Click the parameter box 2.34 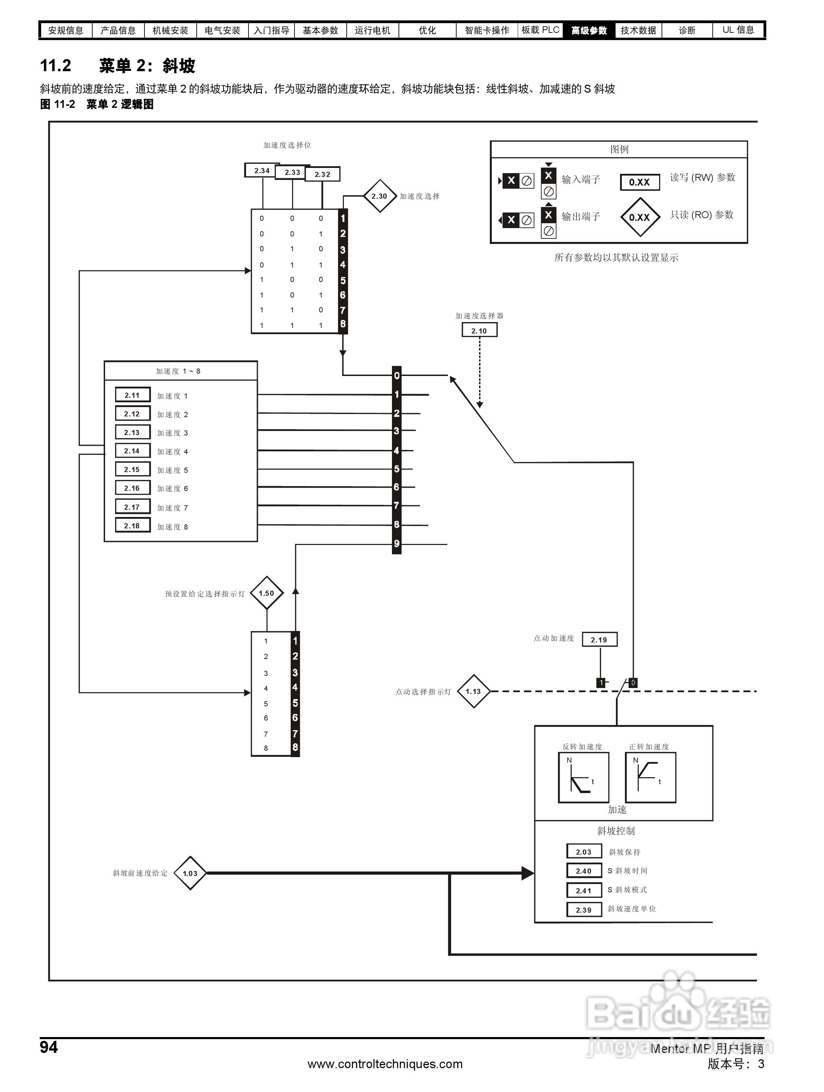click(x=262, y=170)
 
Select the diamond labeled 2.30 click(x=379, y=196)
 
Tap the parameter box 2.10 click(x=479, y=330)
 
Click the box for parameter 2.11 click(x=132, y=395)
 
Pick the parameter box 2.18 click(x=132, y=526)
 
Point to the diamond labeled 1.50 click(x=266, y=593)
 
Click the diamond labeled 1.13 click(x=473, y=691)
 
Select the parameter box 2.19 click(x=599, y=639)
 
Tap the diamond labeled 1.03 click(x=190, y=873)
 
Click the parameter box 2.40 click(x=583, y=871)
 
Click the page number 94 click(x=49, y=1047)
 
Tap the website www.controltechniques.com click(x=385, y=1064)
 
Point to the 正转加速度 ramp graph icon click(x=650, y=778)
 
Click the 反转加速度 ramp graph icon click(x=583, y=778)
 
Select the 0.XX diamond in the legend click(x=639, y=217)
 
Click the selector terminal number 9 click(x=396, y=544)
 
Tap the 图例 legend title click(x=619, y=149)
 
